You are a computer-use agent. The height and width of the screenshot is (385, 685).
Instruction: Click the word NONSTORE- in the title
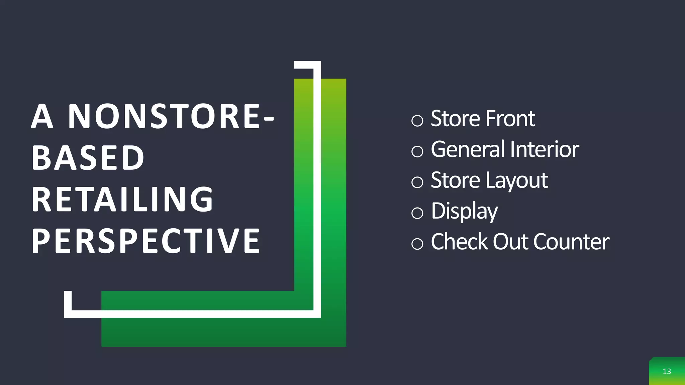pos(171,116)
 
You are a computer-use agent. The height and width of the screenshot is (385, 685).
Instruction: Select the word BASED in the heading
pos(88,158)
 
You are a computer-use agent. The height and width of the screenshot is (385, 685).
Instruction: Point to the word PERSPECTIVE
pos(146,241)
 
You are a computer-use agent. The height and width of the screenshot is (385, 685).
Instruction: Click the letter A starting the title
pos(42,116)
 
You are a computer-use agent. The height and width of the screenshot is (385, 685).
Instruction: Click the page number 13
pos(667,371)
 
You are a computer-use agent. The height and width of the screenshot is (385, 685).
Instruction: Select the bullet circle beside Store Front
pos(417,120)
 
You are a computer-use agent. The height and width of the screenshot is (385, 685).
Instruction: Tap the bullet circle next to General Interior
pos(417,151)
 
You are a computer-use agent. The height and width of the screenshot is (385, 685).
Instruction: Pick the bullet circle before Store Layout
pos(417,182)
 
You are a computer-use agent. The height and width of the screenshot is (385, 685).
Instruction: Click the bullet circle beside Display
pos(417,213)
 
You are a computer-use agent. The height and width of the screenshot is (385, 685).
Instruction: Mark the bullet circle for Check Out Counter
pos(417,244)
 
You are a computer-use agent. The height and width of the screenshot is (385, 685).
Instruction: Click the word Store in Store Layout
pos(456,180)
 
